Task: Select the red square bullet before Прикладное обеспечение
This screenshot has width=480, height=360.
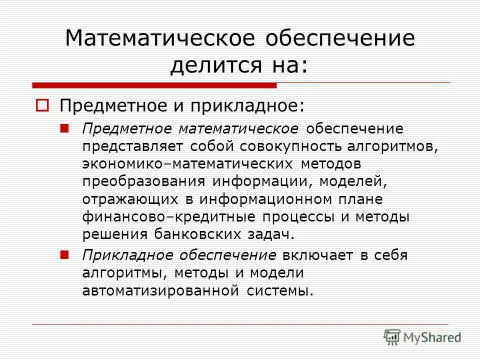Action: pyautogui.click(x=63, y=254)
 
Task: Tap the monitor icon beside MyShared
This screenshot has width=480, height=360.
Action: pyautogui.click(x=392, y=337)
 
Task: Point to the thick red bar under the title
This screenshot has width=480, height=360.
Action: pyautogui.click(x=154, y=85)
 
